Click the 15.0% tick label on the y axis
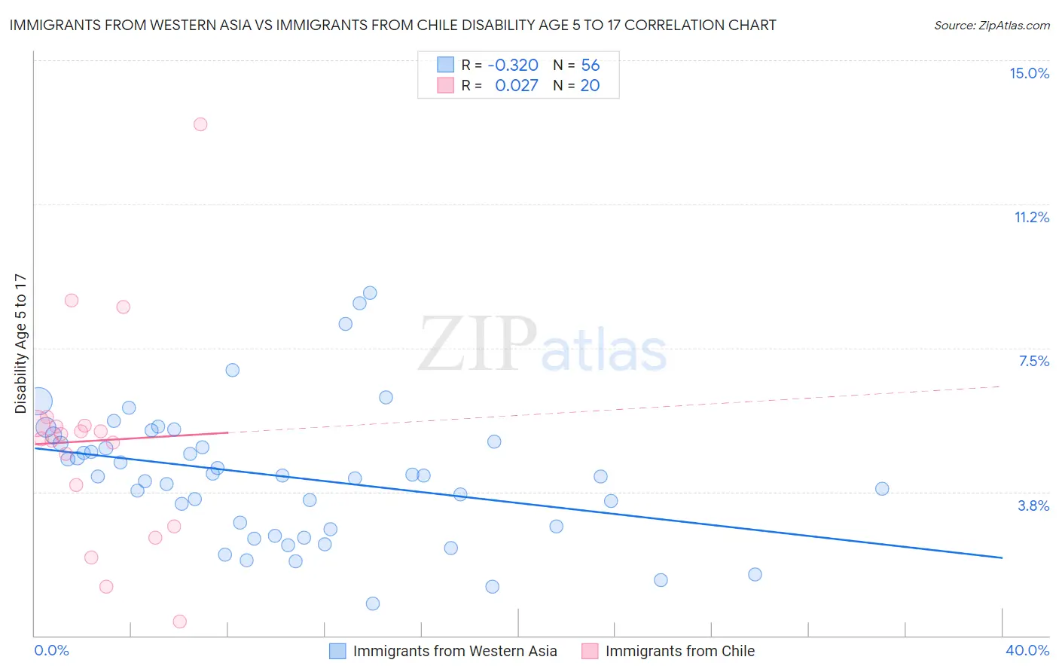coord(1029,73)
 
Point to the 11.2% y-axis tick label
coord(1031,217)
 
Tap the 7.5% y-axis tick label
coord(1033,361)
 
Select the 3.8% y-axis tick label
coord(1033,506)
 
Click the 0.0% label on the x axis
coord(51,650)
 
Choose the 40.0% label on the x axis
coord(1027,650)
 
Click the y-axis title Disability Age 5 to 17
coord(20,344)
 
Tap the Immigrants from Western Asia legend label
coord(455,651)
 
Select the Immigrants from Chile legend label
coord(679,651)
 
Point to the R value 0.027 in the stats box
coord(516,86)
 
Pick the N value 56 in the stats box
coord(590,66)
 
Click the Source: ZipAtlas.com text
coord(991,26)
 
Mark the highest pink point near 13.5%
coord(200,124)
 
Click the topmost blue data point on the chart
coord(370,293)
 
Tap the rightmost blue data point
coord(882,489)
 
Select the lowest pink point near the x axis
coord(179,622)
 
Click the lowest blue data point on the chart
coord(372,603)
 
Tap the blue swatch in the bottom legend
coord(337,651)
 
